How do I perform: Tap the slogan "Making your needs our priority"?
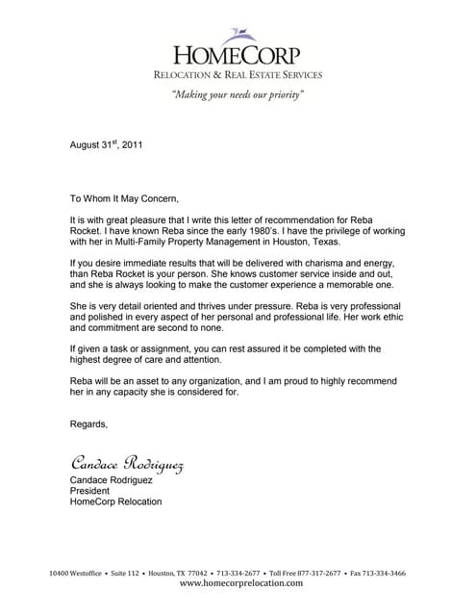coord(238,95)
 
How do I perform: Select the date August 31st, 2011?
coord(107,145)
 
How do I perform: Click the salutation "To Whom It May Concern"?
coord(125,198)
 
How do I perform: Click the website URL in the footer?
coord(240,583)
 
